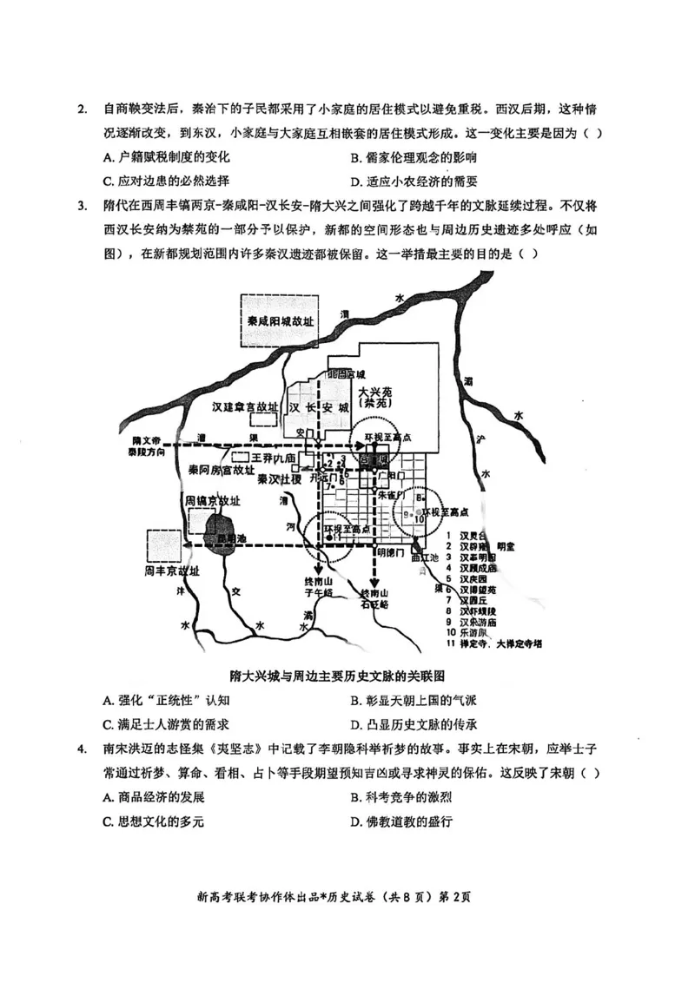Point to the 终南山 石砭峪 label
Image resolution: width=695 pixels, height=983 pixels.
click(x=375, y=598)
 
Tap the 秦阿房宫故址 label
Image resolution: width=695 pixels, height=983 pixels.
click(x=222, y=469)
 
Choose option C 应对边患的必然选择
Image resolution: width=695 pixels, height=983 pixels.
click(x=166, y=181)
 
